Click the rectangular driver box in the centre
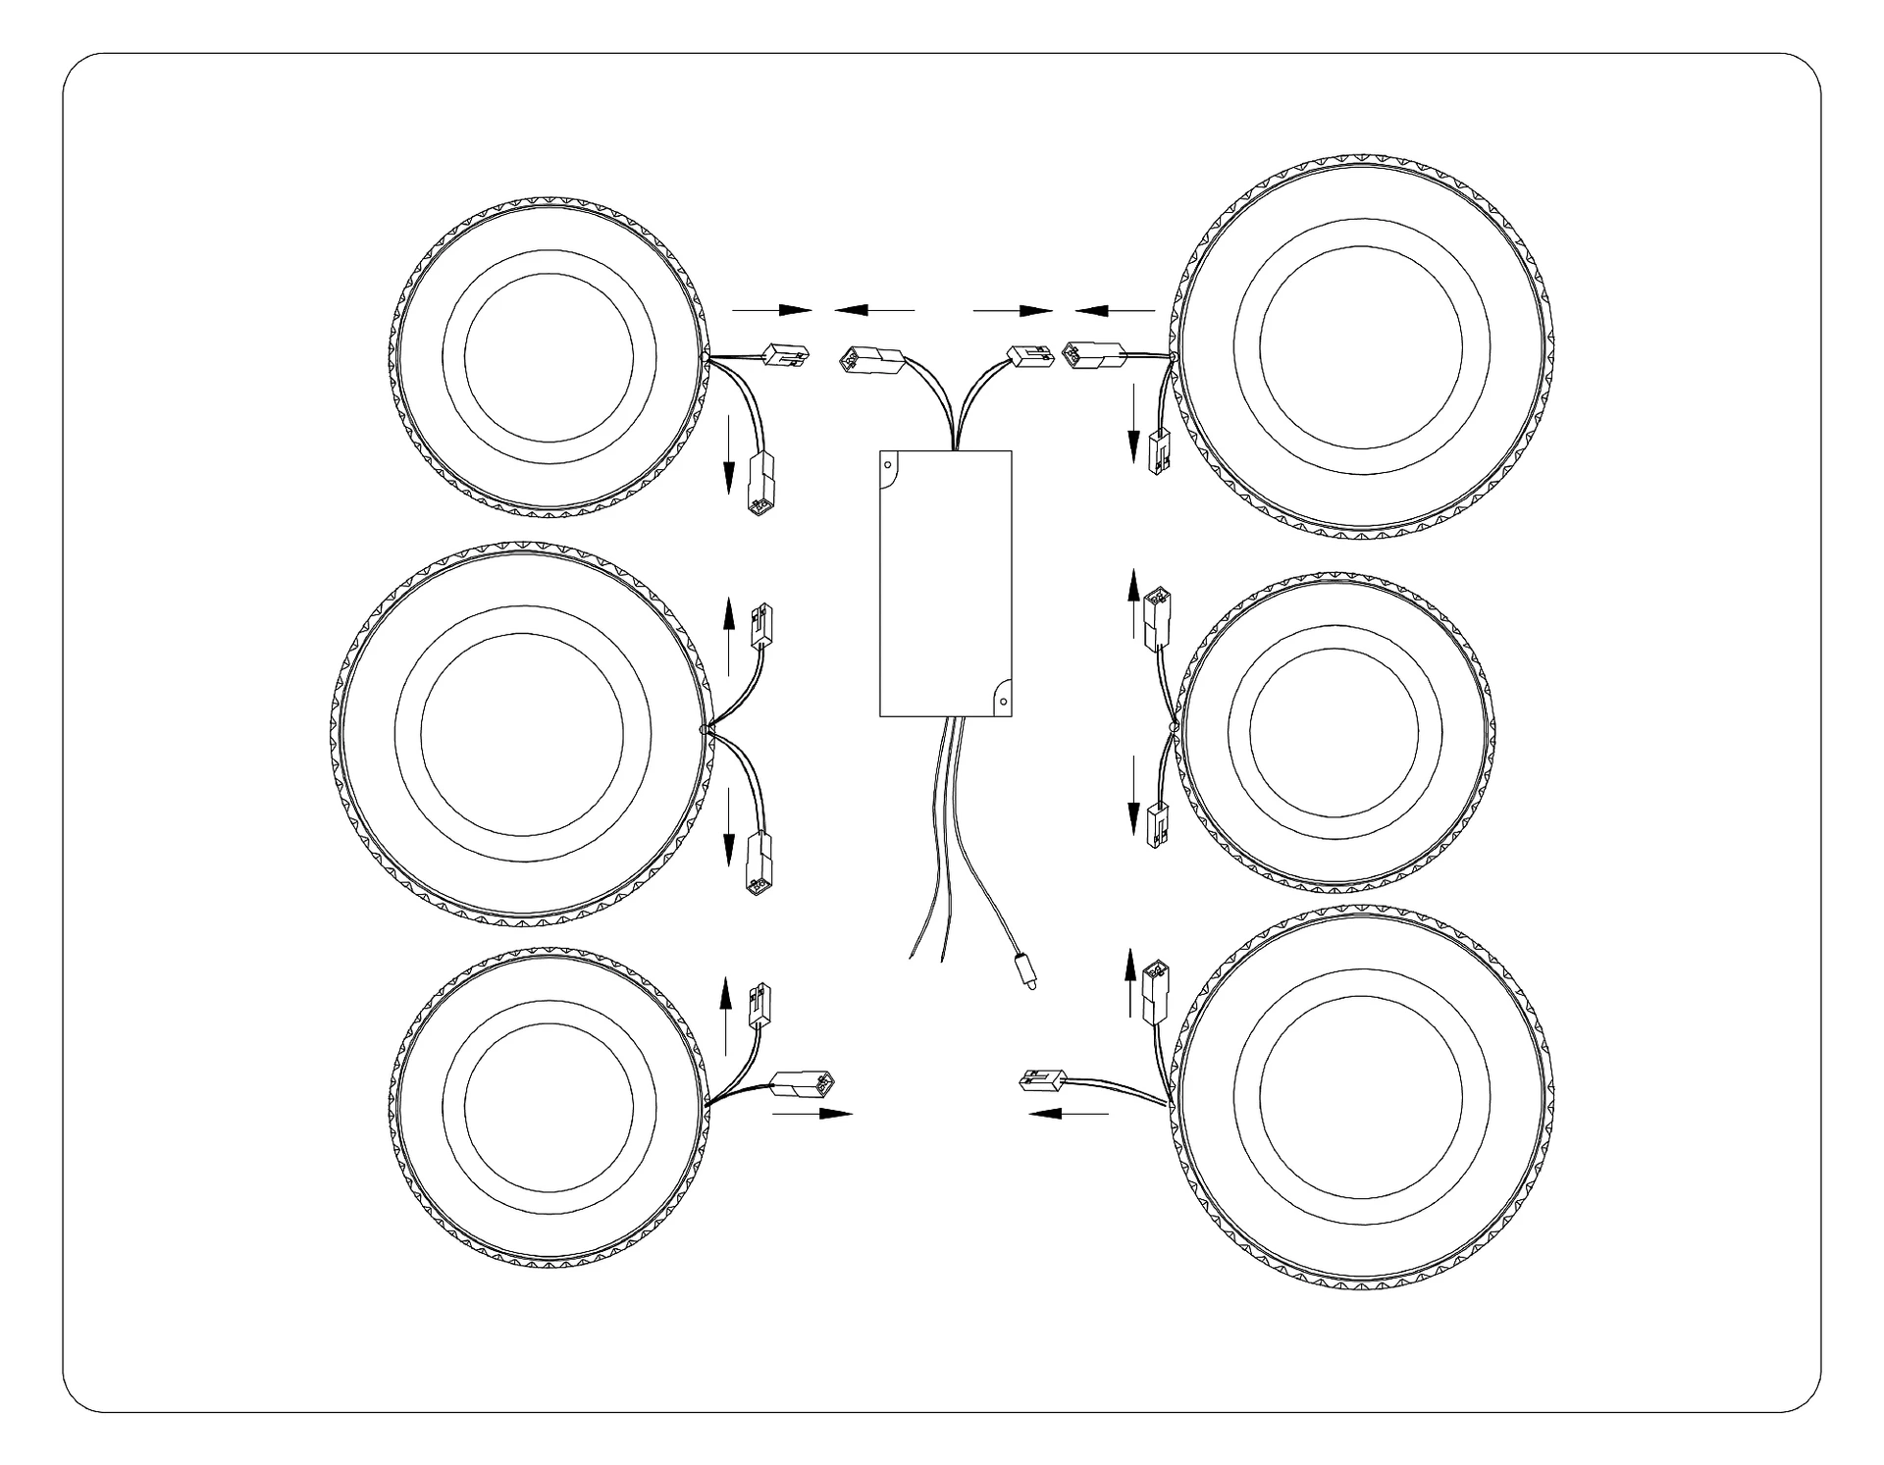pyautogui.click(x=945, y=583)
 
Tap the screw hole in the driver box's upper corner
pyautogui.click(x=888, y=463)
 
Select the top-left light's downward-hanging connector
pyautogui.click(x=759, y=485)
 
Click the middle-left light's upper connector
pyautogui.click(x=759, y=625)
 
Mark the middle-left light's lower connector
pyautogui.click(x=759, y=864)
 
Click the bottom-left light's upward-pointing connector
pyautogui.click(x=759, y=1006)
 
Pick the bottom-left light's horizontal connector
pyautogui.click(x=806, y=1084)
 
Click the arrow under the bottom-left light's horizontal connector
pyautogui.click(x=812, y=1114)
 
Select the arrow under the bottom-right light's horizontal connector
pyautogui.click(x=1069, y=1114)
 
